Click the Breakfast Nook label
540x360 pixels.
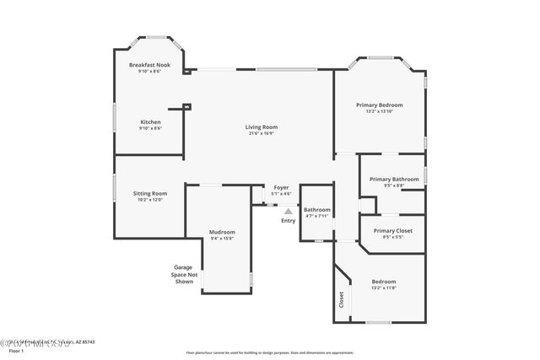click(149, 65)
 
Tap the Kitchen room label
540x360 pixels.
click(150, 122)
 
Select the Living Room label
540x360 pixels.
click(262, 127)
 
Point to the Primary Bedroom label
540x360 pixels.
click(379, 105)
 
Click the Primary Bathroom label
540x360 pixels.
click(393, 179)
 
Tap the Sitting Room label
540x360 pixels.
click(149, 193)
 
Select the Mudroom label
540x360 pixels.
click(222, 232)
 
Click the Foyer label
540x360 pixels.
click(281, 188)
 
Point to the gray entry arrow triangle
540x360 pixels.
click(288, 212)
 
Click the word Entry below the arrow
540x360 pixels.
click(289, 221)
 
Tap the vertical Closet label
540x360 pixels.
click(341, 298)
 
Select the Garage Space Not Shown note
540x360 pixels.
click(185, 274)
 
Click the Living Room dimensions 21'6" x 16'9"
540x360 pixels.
click(262, 133)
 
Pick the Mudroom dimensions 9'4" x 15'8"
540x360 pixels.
click(222, 238)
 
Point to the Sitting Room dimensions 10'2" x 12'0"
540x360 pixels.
click(149, 199)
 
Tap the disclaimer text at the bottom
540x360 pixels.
click(268, 352)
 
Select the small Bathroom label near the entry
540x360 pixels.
click(317, 210)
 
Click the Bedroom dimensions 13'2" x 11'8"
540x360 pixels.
click(383, 287)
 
